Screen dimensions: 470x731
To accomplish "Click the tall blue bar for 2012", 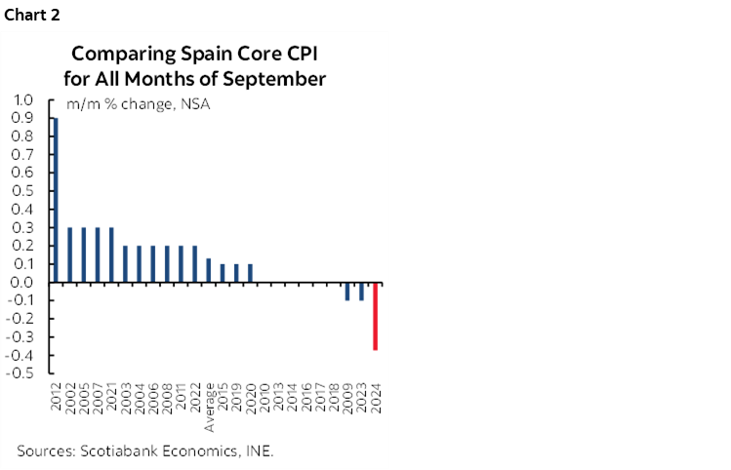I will pyautogui.click(x=56, y=201).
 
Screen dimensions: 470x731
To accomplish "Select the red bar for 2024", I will pyautogui.click(x=376, y=317).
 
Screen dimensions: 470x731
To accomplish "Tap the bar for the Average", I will pyautogui.click(x=209, y=271).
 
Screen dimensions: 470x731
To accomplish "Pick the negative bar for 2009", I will pyautogui.click(x=347, y=292).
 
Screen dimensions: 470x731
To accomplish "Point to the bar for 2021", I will pyautogui.click(x=111, y=255).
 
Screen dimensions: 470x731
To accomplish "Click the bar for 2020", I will pyautogui.click(x=251, y=274).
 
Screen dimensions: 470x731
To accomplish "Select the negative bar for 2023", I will pyautogui.click(x=362, y=292).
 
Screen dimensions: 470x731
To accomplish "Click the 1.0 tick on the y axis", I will pyautogui.click(x=23, y=99).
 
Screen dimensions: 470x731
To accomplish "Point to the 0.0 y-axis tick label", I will pyautogui.click(x=23, y=283).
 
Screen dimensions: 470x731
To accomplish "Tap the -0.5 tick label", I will pyautogui.click(x=21, y=373).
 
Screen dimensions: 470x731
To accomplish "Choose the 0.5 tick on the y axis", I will pyautogui.click(x=23, y=191).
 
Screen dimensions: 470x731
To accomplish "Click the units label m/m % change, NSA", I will pyautogui.click(x=138, y=104).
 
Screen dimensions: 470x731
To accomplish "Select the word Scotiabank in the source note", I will pyautogui.click(x=122, y=450).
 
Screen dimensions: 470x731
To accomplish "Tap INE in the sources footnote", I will pyautogui.click(x=260, y=450).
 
